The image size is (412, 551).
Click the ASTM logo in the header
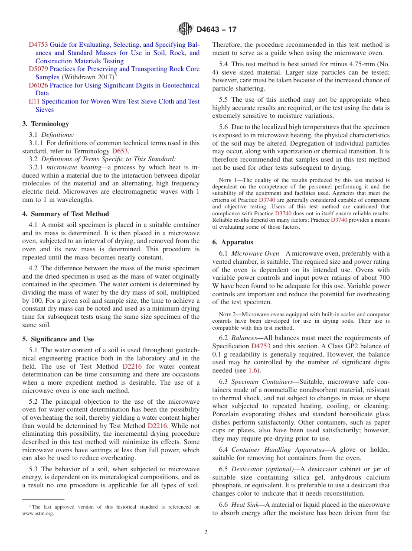[x=186, y=29]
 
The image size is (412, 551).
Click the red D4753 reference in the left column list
[x=38, y=45]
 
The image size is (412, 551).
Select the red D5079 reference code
[x=38, y=69]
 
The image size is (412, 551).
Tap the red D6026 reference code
[x=38, y=85]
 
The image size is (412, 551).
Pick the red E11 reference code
[x=34, y=101]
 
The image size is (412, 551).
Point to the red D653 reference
[x=120, y=151]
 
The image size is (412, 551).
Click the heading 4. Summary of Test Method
[x=65, y=214]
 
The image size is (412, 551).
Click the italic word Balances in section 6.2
[x=244, y=338]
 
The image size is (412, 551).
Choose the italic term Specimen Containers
[x=262, y=382]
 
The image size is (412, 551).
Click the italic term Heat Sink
[x=245, y=505]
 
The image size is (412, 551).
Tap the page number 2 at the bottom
[x=206, y=532]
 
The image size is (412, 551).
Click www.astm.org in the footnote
[x=38, y=514]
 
